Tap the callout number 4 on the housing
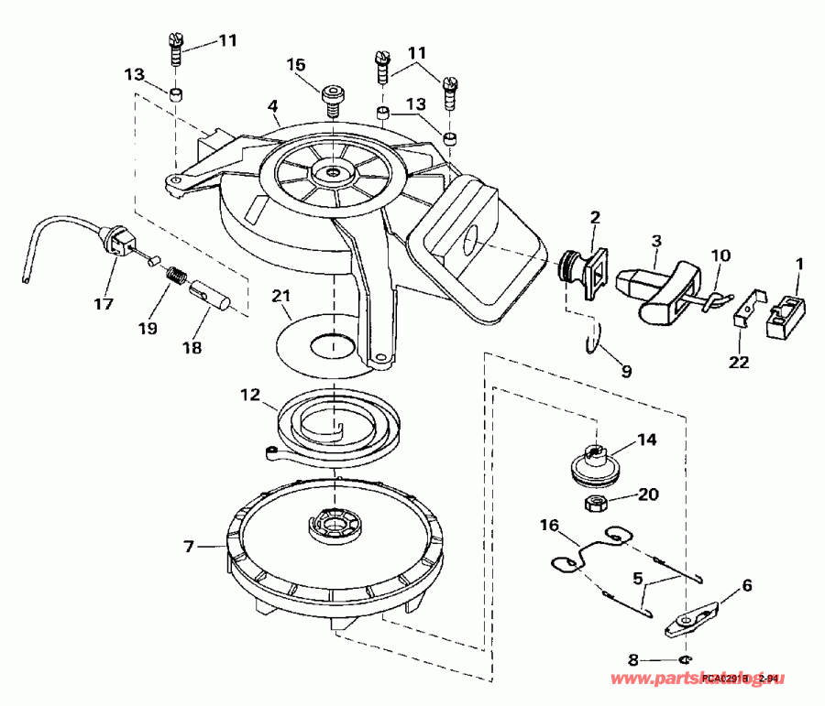pos(272,107)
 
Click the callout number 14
pos(647,440)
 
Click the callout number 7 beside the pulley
pos(188,547)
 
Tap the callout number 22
pos(738,362)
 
